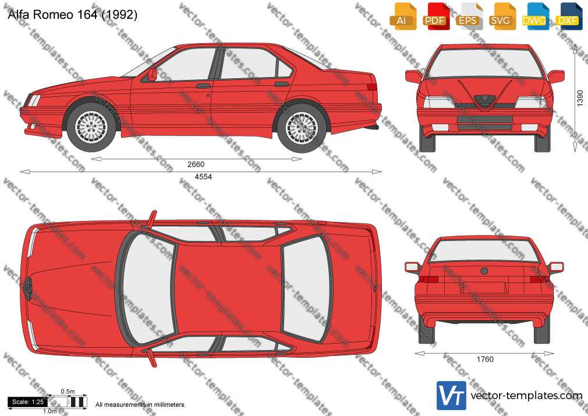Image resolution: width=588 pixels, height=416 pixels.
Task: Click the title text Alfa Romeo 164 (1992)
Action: coord(72,15)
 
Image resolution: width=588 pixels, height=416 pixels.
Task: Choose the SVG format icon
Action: coord(501,16)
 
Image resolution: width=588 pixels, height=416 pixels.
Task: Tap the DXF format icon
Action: coord(569,16)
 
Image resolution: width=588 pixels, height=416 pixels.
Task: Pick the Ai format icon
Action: coord(403,16)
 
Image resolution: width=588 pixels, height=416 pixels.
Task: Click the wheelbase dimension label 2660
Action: coord(196,164)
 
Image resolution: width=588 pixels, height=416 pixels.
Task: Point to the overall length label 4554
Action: coord(203,177)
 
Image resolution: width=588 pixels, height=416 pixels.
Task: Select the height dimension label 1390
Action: coord(580,98)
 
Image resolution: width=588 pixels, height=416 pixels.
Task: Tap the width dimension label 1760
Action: coord(485,359)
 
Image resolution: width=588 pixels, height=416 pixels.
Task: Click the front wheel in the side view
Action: coord(91,127)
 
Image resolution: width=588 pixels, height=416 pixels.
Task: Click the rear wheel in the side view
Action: coord(302,128)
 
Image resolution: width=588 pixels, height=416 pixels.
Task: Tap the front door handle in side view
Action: coord(203,86)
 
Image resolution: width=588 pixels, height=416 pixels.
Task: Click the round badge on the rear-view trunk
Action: coord(484,271)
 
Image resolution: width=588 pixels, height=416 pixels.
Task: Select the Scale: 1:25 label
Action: coord(28,402)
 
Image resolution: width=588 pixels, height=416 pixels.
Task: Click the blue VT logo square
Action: coord(452,396)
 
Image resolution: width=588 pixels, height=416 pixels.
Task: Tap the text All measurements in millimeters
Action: coord(140,405)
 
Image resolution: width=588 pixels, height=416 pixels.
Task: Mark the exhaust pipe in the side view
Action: coord(373,128)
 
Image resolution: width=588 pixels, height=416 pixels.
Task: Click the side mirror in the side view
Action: coord(152,75)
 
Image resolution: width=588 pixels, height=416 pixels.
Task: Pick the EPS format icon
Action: coord(469,16)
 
